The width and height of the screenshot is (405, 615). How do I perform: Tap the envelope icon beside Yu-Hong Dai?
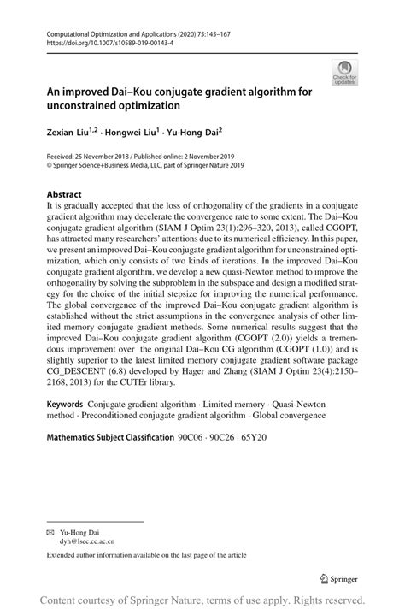pyautogui.click(x=50, y=531)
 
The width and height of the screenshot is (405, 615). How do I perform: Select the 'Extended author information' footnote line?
pyautogui.click(x=145, y=555)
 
